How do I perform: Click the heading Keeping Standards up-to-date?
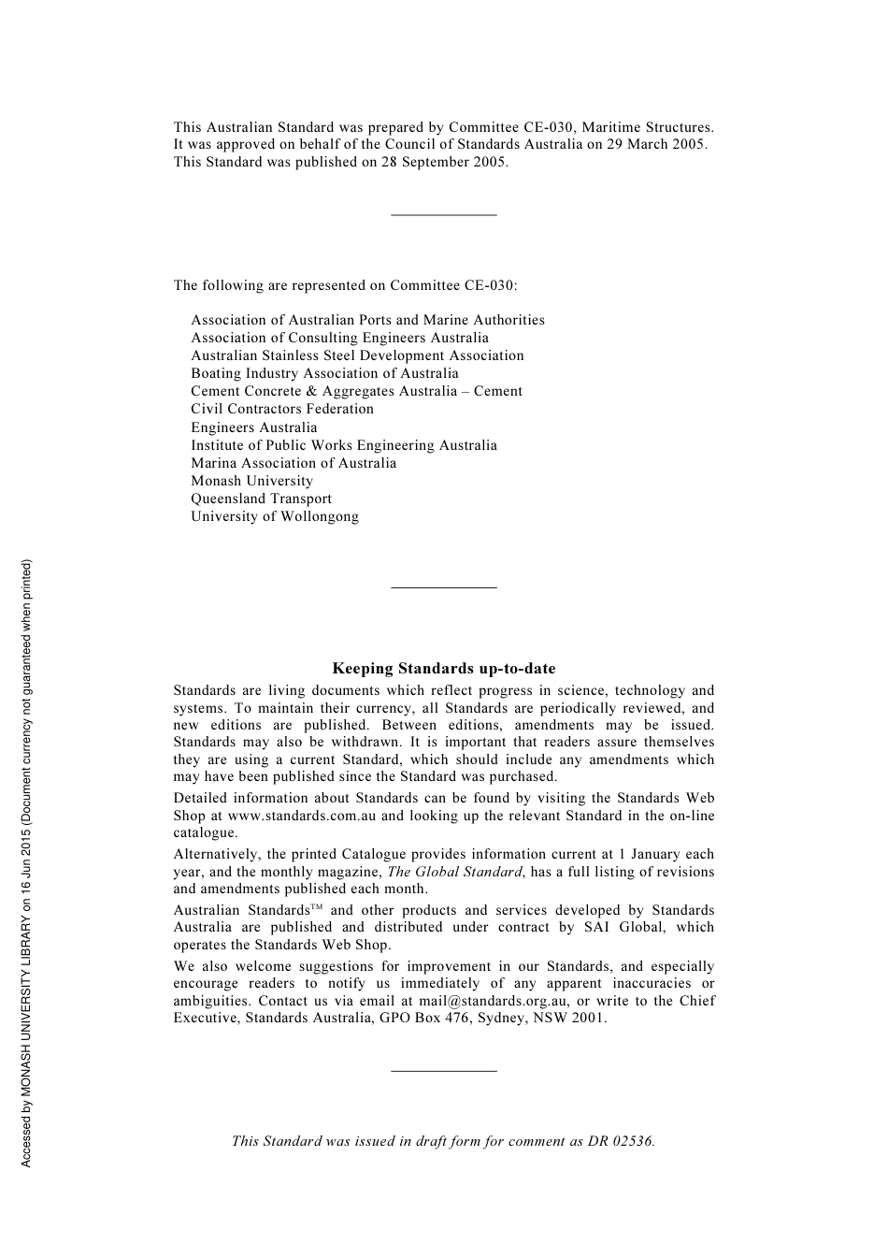443,669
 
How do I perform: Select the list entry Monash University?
251,481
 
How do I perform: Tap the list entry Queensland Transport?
261,499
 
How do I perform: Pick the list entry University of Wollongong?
274,516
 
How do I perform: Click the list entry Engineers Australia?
253,427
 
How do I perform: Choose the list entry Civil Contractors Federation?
281,409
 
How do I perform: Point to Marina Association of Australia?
293,463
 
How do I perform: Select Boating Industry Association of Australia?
324,373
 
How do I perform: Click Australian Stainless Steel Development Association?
357,355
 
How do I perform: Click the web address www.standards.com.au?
301,816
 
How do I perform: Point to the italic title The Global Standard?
454,872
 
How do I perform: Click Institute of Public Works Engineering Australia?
343,445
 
